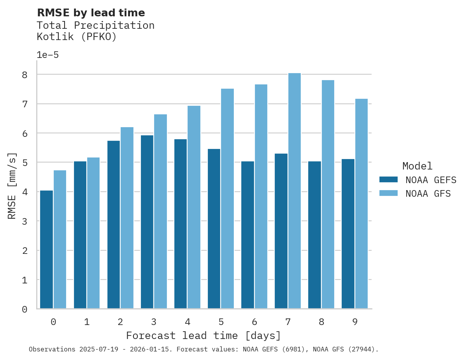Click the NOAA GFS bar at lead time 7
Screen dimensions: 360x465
(295, 190)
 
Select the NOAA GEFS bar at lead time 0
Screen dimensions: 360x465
(46, 249)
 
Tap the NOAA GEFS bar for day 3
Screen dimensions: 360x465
(147, 222)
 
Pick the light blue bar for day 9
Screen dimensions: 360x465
(361, 203)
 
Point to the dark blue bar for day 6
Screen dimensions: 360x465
(247, 235)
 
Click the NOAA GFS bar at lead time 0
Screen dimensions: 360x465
(60, 239)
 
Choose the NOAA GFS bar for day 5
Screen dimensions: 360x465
(228, 198)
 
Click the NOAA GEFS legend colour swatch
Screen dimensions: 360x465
(388, 179)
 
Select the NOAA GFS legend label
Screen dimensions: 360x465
(428, 194)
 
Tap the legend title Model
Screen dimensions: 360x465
(417, 166)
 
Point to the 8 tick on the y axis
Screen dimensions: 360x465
(25, 75)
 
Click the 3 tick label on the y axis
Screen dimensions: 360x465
(25, 221)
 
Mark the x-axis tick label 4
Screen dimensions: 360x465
(188, 322)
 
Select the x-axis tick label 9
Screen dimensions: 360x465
(355, 322)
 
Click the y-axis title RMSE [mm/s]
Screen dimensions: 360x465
(12, 186)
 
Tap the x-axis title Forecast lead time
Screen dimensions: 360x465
(203, 336)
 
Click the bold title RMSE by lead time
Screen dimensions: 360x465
(91, 13)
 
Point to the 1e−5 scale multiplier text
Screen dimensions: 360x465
(47, 55)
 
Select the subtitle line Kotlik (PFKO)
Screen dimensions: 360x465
(77, 37)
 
